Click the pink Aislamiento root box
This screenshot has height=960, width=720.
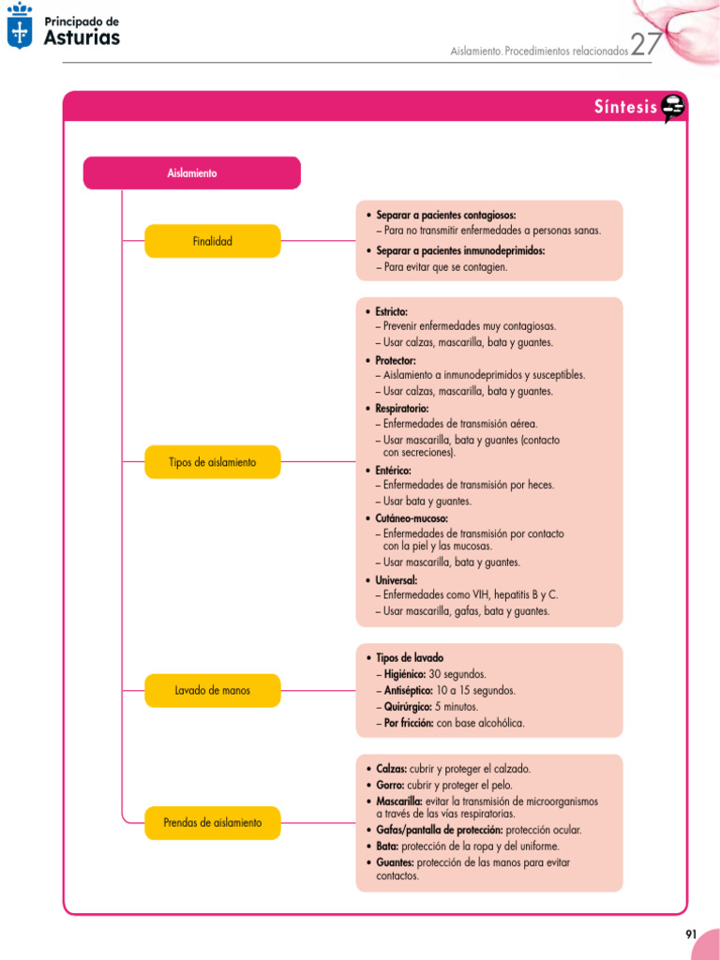[x=192, y=173]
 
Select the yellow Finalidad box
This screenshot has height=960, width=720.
[x=213, y=241]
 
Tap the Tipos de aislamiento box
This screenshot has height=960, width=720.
[x=213, y=462]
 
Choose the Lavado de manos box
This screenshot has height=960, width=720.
[x=213, y=691]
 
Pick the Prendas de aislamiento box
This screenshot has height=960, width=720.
[x=213, y=823]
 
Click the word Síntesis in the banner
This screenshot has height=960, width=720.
[x=625, y=107]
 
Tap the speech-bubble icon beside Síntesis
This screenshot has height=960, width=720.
[x=673, y=109]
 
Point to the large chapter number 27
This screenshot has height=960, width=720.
[x=646, y=46]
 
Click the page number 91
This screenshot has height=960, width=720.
[x=692, y=934]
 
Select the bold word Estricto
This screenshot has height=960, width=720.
[x=392, y=311]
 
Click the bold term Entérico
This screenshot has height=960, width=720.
[x=393, y=470]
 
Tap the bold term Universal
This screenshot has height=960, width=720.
[x=397, y=580]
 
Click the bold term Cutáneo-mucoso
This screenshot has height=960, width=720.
[x=412, y=517]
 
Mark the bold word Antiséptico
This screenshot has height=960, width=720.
[x=409, y=691]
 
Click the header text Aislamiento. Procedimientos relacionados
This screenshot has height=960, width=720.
[x=539, y=52]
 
